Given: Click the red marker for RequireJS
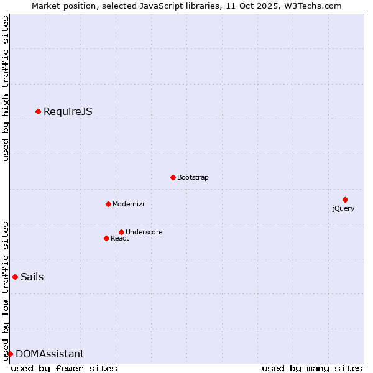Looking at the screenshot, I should [38, 111].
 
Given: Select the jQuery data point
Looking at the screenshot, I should [345, 200].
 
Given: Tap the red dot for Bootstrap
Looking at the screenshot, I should [173, 177].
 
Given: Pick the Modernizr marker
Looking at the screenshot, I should [108, 204].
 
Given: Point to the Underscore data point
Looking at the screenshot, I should [121, 232].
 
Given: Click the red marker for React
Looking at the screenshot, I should [106, 238].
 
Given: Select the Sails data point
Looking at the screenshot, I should [15, 277].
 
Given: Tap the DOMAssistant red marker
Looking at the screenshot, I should [10, 354].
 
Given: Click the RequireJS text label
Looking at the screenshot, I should [68, 112].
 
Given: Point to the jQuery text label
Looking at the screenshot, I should [343, 208].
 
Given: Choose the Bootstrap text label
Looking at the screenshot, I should [193, 178].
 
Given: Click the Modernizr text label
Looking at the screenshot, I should [129, 205].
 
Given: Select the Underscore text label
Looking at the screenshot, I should [144, 233].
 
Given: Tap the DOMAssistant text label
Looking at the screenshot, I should [50, 354].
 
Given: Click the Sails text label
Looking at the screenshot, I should [32, 277].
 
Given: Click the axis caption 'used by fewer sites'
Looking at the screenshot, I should [64, 368].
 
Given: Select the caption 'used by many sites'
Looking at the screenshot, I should [312, 368].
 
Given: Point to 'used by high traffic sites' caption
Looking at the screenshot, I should [6, 88].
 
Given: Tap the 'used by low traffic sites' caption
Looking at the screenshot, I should [6, 290].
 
